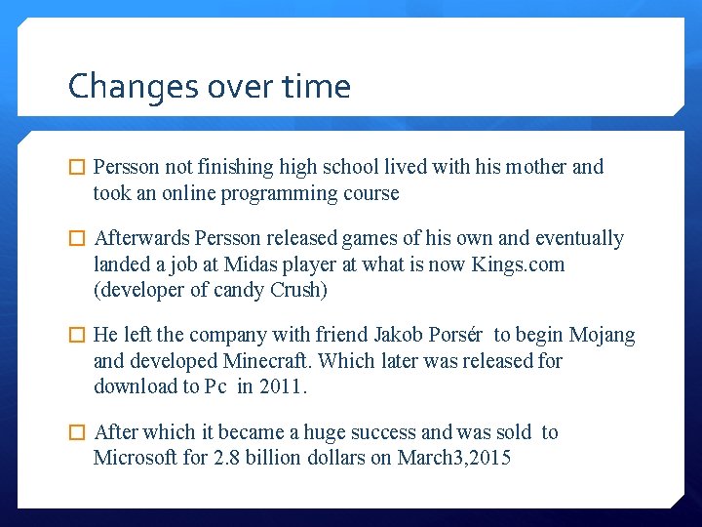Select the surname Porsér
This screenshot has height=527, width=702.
coord(456,336)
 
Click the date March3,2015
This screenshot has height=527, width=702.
coord(454,458)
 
